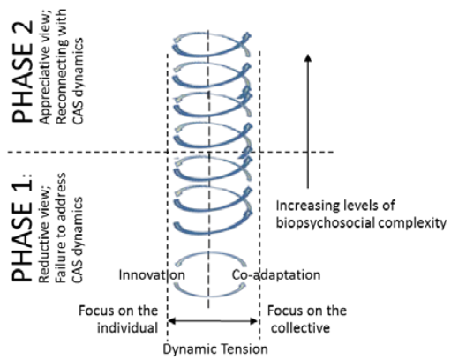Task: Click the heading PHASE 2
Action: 22,71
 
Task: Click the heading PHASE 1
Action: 22,229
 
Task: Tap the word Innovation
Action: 152,275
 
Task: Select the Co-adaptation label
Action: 276,275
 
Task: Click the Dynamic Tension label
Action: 215,349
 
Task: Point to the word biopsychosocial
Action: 325,223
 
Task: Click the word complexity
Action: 412,223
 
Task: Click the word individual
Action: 127,327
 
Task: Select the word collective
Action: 300,327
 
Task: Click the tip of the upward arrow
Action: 308,55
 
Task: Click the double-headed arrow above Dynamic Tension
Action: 212,321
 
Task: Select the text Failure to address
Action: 61,228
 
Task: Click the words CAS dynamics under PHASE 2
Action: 78,81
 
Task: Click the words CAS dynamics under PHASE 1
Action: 78,240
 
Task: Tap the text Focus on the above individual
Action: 118,311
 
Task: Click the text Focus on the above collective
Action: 307,311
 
